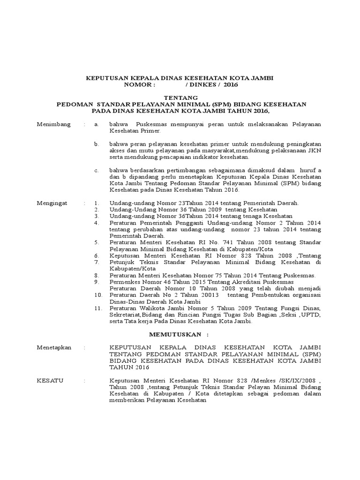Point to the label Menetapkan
(x=54, y=347)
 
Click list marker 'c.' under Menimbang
(x=96, y=170)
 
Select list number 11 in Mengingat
(x=98, y=308)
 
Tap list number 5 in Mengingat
(x=97, y=242)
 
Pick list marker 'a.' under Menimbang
(x=96, y=124)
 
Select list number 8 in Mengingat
(x=97, y=275)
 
